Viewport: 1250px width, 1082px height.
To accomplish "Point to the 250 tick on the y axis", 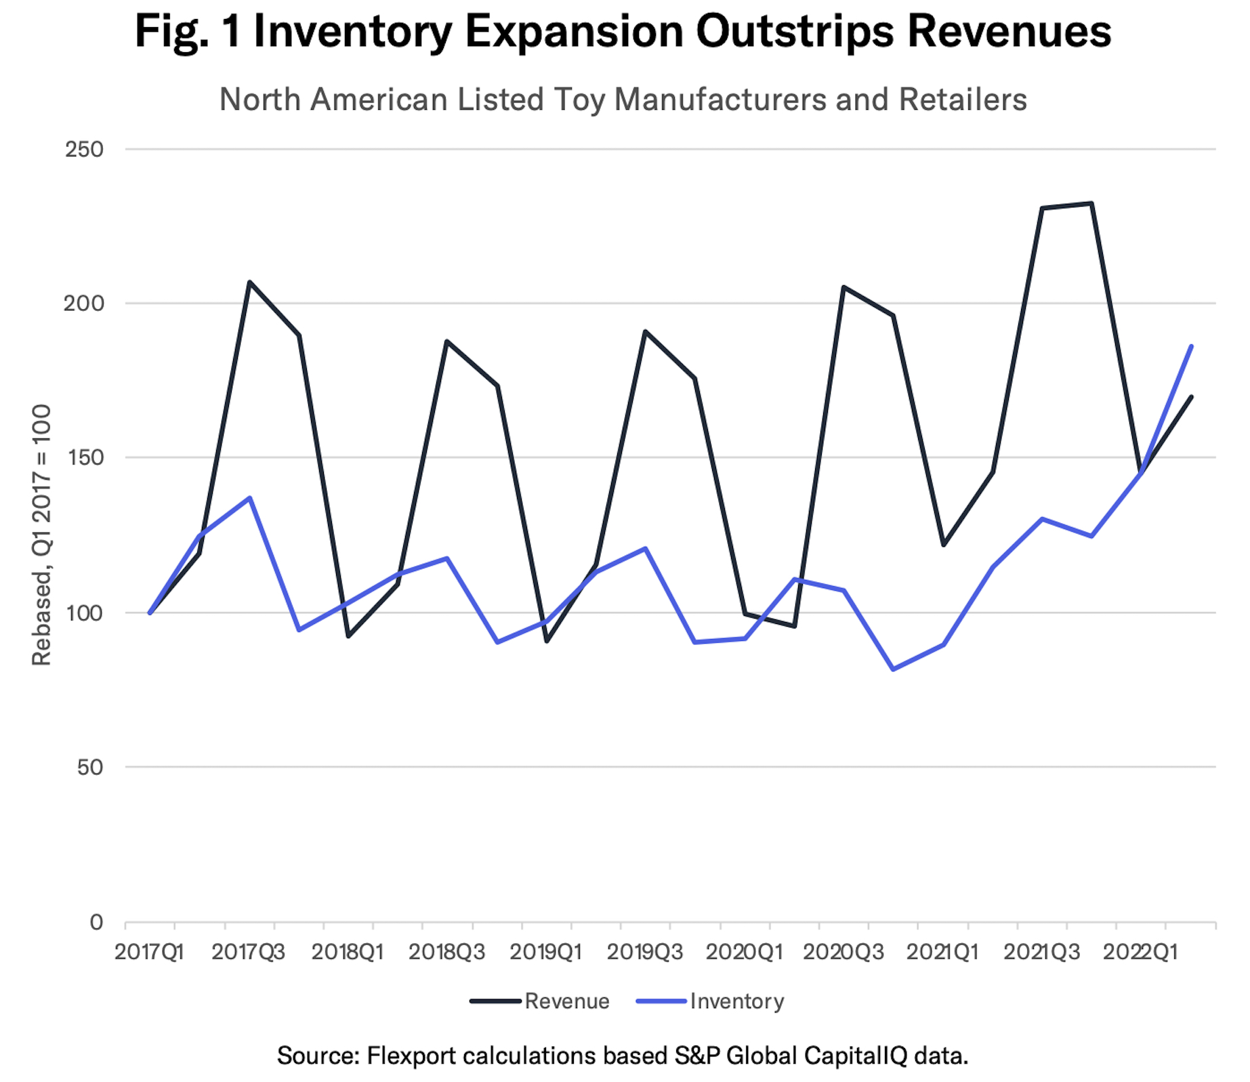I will (x=84, y=149).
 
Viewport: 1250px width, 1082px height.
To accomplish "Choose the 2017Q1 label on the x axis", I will (x=149, y=952).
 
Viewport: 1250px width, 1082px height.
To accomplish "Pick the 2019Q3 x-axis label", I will (x=644, y=952).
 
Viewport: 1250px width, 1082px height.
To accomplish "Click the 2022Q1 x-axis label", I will (x=1140, y=952).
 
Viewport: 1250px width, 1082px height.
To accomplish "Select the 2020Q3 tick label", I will (x=843, y=952).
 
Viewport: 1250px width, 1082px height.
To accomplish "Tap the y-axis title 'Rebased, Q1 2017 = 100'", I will (x=42, y=535).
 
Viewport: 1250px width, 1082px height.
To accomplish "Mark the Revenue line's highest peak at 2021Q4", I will (x=1091, y=203).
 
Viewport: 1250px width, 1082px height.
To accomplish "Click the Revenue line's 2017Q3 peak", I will (x=249, y=282).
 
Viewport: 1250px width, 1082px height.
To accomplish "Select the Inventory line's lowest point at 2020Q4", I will (x=893, y=669).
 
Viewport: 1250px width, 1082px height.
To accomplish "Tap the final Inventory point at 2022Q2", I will (x=1191, y=346).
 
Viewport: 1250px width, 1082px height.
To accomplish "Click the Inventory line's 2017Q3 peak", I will (x=249, y=498).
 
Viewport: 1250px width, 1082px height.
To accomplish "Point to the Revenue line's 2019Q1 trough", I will (x=546, y=641).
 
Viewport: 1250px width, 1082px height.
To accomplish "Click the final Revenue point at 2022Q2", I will (x=1191, y=397).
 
